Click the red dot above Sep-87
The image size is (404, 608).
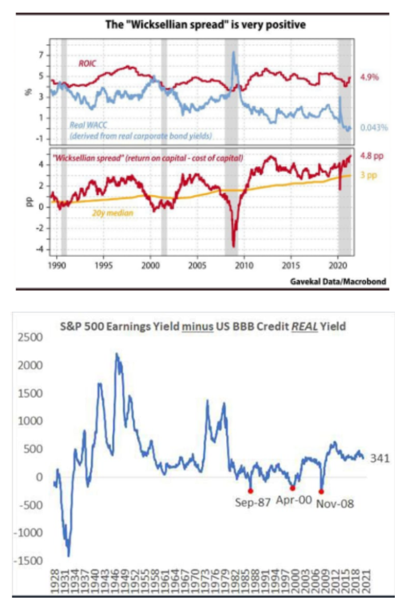[x=251, y=491]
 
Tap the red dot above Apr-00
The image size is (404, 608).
[x=292, y=488]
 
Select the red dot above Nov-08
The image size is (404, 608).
[x=322, y=492]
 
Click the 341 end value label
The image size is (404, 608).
[x=379, y=458]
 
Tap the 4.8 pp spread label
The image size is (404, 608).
[x=371, y=155]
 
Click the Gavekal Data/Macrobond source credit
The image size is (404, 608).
[x=338, y=281]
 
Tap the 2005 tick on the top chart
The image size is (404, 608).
[x=197, y=266]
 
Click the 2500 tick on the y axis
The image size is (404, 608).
[x=30, y=337]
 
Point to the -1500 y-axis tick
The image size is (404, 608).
[x=28, y=560]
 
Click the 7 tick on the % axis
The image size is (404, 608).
[x=41, y=55]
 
